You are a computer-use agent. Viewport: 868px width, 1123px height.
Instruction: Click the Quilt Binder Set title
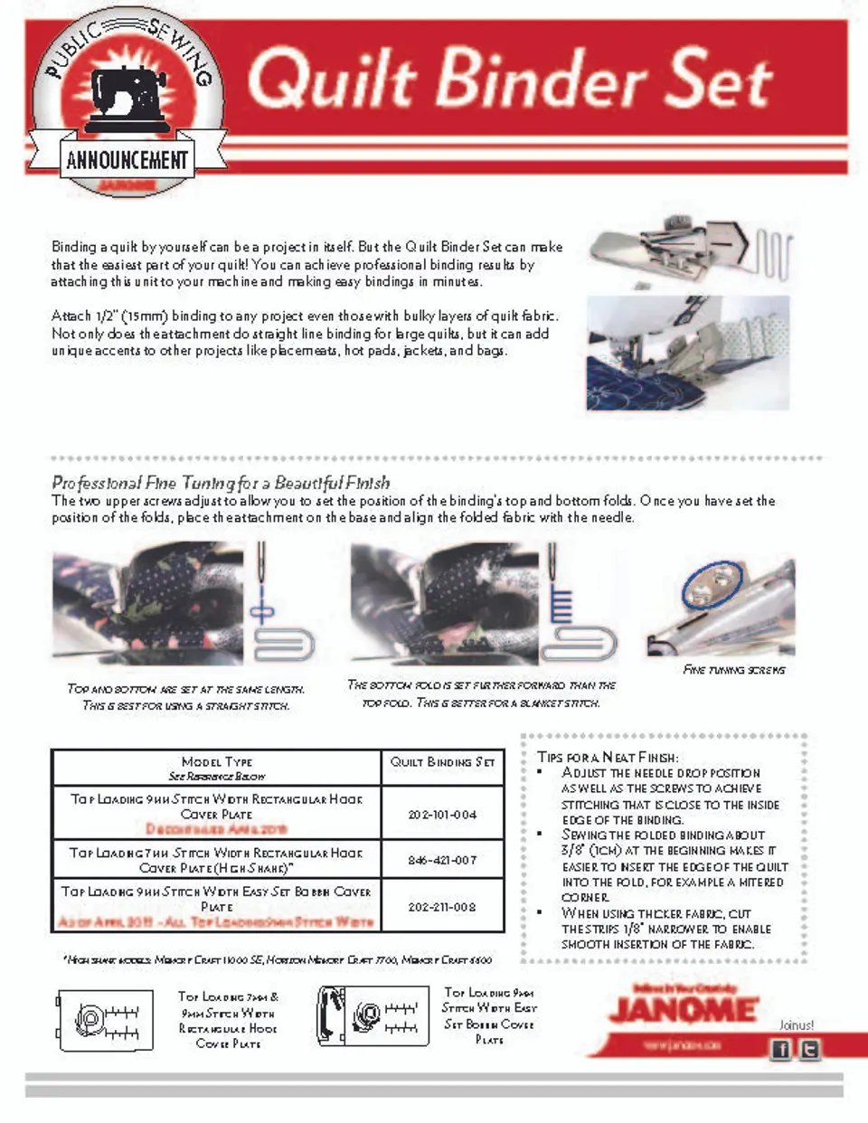[511, 80]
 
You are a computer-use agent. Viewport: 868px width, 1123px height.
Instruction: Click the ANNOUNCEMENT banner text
[127, 161]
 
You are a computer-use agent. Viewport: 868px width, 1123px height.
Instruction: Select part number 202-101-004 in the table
[442, 814]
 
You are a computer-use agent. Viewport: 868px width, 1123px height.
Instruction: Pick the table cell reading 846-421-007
[442, 860]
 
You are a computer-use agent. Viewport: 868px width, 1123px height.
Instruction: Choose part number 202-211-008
[442, 906]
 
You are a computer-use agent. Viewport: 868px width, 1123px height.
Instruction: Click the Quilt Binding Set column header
[442, 762]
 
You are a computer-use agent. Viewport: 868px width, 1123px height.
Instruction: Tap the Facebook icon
[779, 1049]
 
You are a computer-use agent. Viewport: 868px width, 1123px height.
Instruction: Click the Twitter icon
[809, 1049]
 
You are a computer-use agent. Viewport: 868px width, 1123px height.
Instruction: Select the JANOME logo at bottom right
[684, 1009]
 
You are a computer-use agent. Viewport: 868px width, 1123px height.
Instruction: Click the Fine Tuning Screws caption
[734, 670]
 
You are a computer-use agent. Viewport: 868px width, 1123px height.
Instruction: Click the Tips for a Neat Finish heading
[608, 757]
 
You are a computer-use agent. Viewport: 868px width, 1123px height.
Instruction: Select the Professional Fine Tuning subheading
[221, 483]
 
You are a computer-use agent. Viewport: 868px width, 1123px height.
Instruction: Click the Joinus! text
[796, 1025]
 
